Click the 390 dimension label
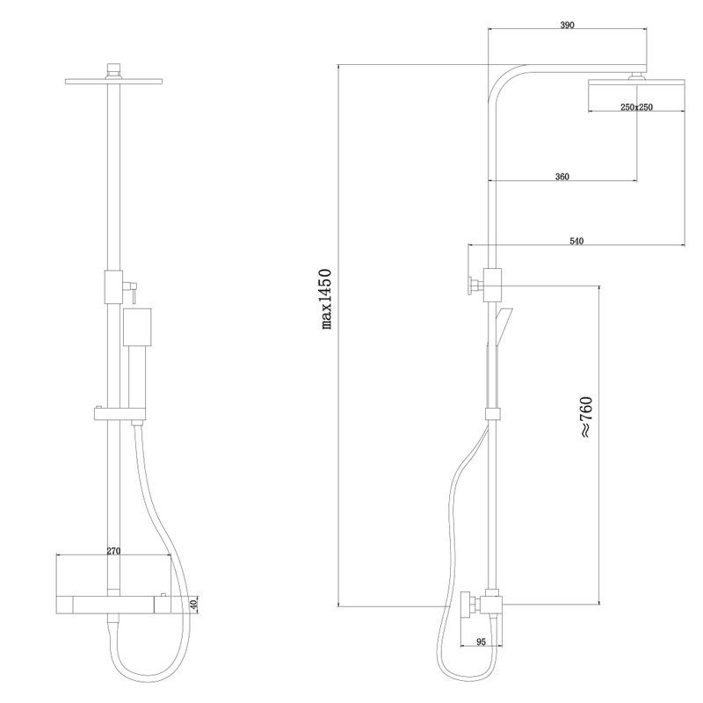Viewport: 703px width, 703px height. tap(567, 25)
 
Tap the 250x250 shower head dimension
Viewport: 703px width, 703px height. tap(636, 107)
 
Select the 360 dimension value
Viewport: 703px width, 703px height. tap(562, 177)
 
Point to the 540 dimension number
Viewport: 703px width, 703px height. tap(576, 241)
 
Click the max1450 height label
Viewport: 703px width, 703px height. tap(327, 299)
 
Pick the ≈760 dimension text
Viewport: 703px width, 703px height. tap(586, 417)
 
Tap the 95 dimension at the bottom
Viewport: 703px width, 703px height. tap(481, 642)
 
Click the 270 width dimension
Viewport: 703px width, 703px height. tap(113, 551)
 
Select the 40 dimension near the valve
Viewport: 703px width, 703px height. tap(193, 605)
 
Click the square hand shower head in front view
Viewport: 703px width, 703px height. tap(137, 327)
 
